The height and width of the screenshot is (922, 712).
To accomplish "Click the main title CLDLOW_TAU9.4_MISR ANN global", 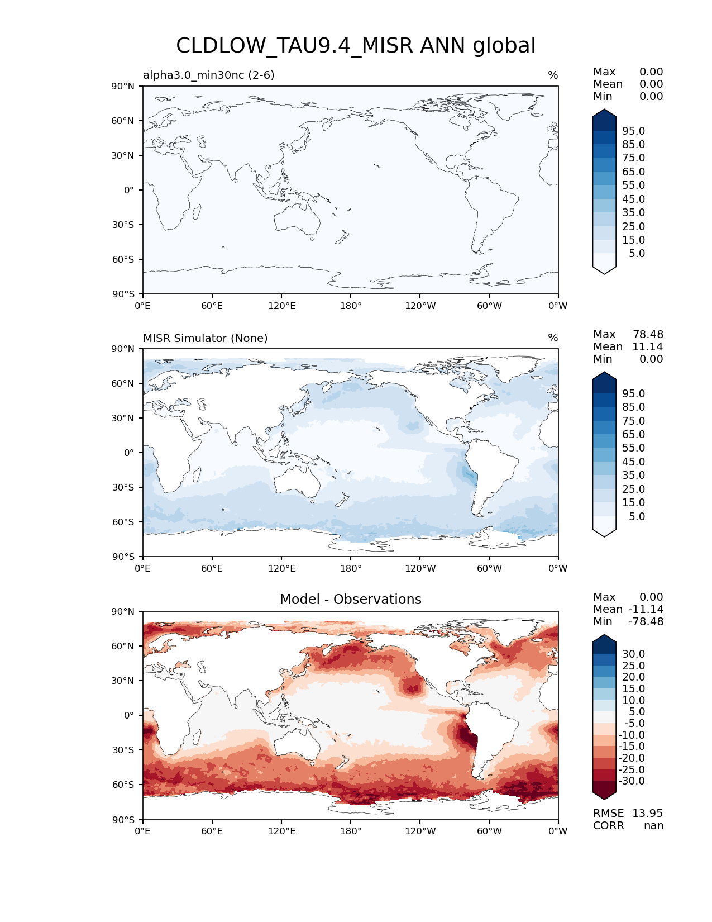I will click(x=356, y=46).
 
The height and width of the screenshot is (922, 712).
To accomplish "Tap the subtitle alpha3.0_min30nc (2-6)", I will click(x=209, y=75).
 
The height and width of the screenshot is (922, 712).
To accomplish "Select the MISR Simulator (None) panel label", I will click(x=206, y=338).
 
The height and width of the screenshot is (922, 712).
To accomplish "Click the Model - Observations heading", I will click(x=351, y=600).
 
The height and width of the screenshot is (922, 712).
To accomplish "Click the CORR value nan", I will click(x=653, y=825).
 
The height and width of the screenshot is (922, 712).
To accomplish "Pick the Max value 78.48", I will click(x=648, y=334).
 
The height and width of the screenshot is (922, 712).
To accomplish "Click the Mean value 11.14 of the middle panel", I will click(x=647, y=346).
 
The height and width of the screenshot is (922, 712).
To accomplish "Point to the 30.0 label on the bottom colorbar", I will click(x=633, y=654).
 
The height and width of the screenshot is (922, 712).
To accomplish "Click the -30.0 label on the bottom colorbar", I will click(x=632, y=781).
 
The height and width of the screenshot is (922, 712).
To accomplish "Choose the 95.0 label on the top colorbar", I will click(x=633, y=131).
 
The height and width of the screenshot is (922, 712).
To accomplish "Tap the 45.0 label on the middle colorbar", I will click(x=633, y=462).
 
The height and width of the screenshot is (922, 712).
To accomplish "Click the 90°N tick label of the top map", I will click(x=123, y=86).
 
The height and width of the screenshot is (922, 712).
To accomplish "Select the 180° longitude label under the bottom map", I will click(x=351, y=831).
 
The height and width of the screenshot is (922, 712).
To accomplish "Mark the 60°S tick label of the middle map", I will click(x=123, y=522).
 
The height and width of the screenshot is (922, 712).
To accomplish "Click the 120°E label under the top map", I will click(x=281, y=306).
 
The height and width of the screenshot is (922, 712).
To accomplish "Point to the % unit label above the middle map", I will click(x=553, y=338).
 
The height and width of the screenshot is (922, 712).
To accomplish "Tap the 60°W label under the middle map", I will click(x=489, y=568).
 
